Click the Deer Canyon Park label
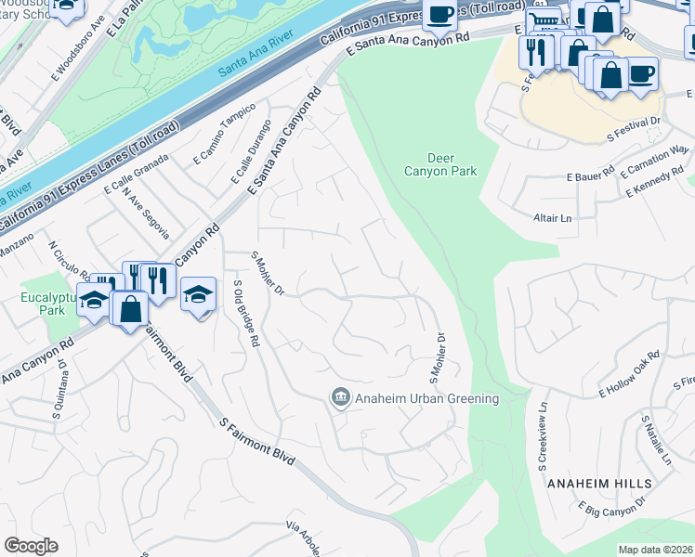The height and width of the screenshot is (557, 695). [x=440, y=164]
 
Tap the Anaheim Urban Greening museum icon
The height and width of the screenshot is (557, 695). [x=340, y=398]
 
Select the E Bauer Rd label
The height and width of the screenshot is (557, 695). [x=591, y=175]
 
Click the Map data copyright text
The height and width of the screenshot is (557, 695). [x=656, y=550]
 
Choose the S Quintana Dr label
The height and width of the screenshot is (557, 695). [x=62, y=382]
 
